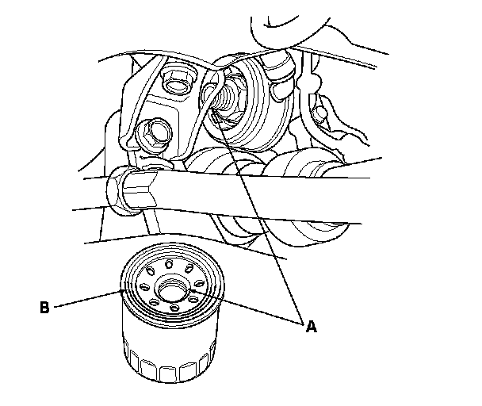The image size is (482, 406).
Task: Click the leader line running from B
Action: coord(87,299)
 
